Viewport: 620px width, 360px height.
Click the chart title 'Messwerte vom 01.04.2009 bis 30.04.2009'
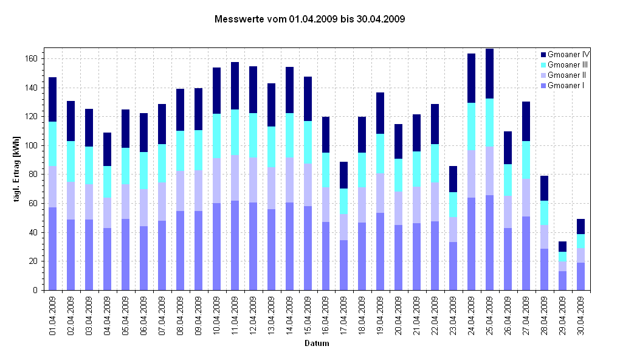click(x=310, y=19)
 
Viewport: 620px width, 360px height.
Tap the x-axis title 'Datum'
click(x=317, y=344)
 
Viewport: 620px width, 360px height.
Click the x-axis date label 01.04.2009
click(x=53, y=315)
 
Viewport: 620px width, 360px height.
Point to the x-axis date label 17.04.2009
click(x=344, y=315)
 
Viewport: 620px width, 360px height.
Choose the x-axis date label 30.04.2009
click(x=581, y=315)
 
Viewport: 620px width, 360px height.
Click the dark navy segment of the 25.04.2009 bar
click(x=489, y=74)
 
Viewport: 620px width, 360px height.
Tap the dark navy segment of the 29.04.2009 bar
click(x=562, y=246)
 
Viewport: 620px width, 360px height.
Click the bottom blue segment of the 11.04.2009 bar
click(x=235, y=245)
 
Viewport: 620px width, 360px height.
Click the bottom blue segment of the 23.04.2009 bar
click(x=453, y=266)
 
